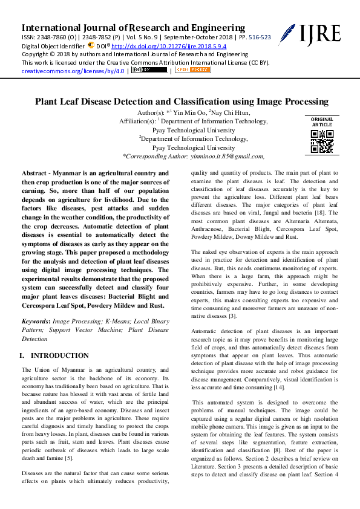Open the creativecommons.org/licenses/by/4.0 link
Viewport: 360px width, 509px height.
click(x=73, y=71)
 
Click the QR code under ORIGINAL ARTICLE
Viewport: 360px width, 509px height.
click(x=321, y=141)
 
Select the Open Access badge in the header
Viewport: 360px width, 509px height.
click(x=192, y=70)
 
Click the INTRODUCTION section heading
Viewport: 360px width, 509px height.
click(x=59, y=356)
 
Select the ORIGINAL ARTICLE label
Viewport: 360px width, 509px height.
click(x=321, y=122)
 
